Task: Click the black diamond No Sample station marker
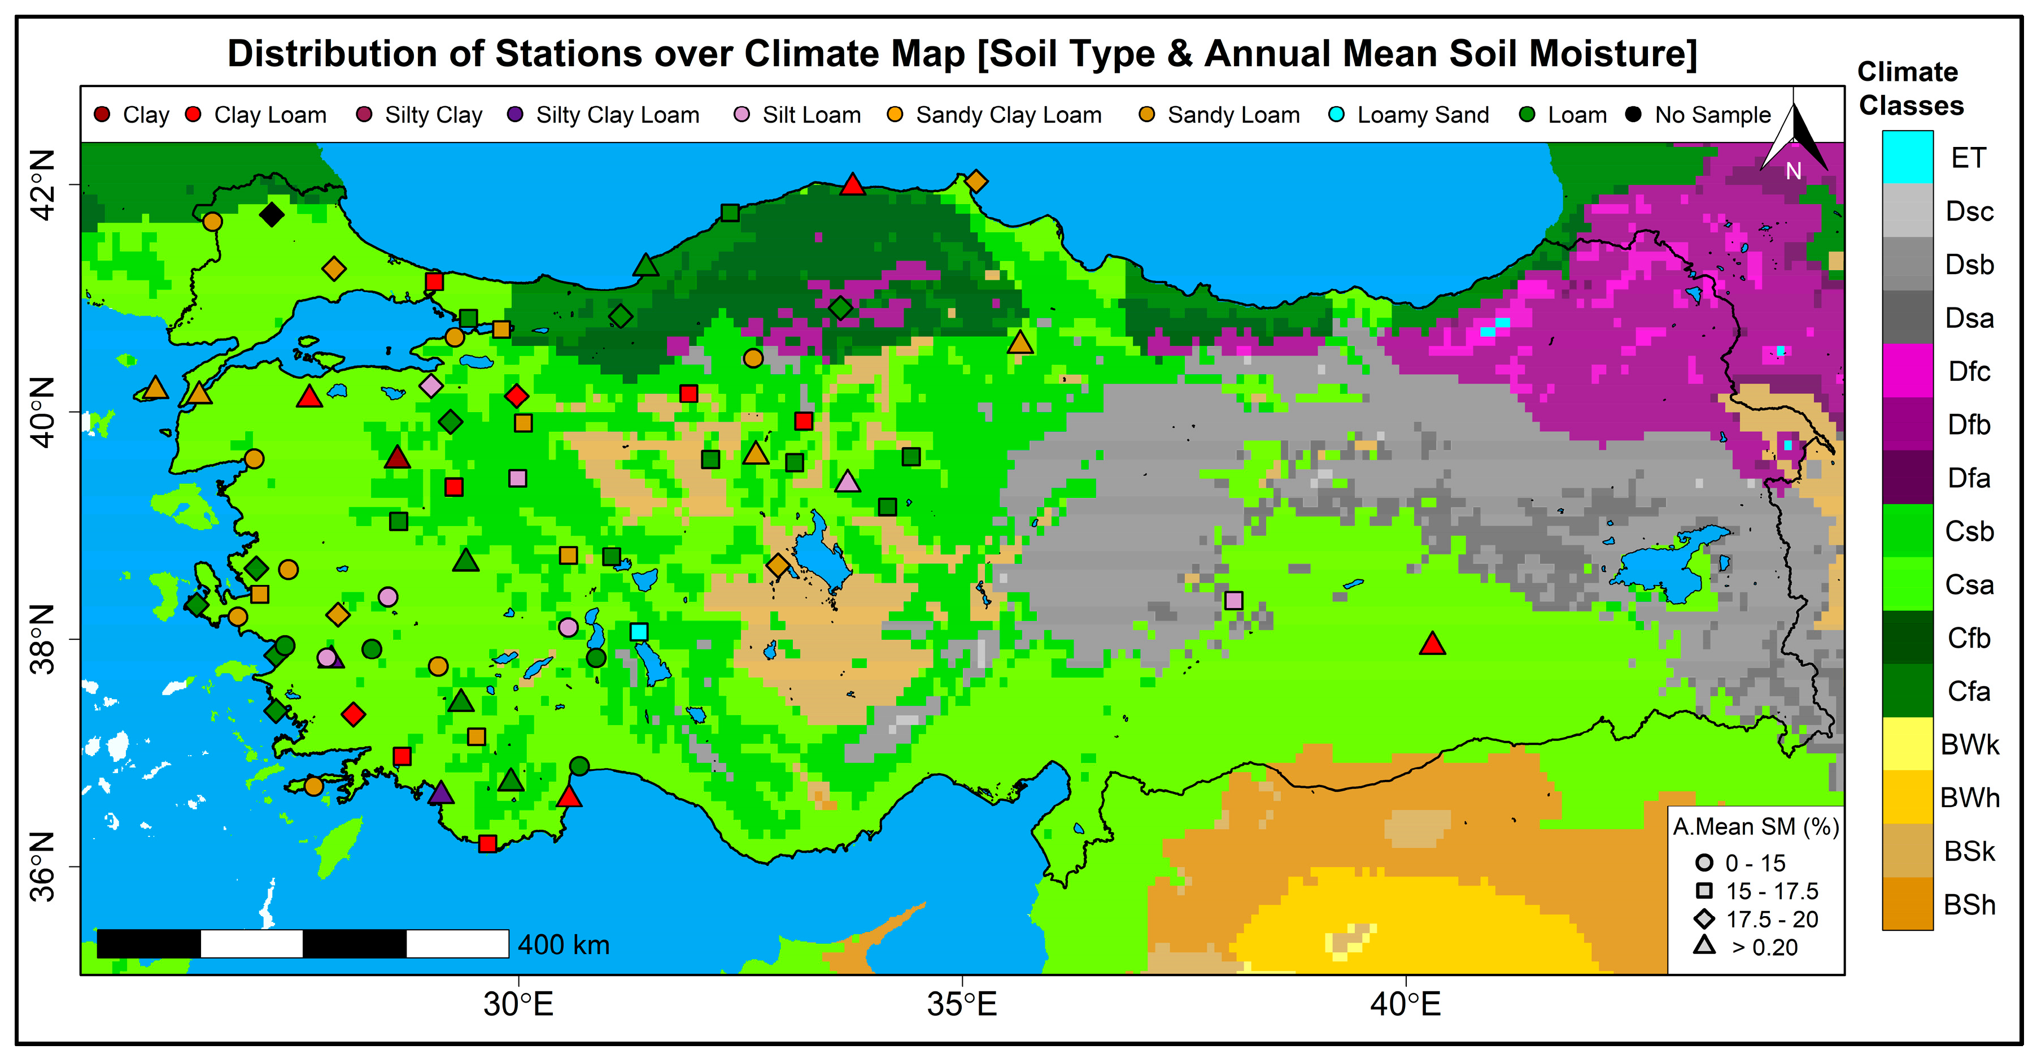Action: pyautogui.click(x=271, y=214)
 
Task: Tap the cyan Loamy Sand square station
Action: pyautogui.click(x=639, y=631)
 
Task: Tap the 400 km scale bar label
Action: pyautogui.click(x=563, y=945)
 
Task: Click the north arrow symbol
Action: pyautogui.click(x=1794, y=138)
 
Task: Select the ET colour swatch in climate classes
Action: pyautogui.click(x=1907, y=157)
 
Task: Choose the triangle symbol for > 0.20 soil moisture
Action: pyautogui.click(x=1704, y=945)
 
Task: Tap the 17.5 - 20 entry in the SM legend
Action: pyautogui.click(x=1772, y=920)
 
